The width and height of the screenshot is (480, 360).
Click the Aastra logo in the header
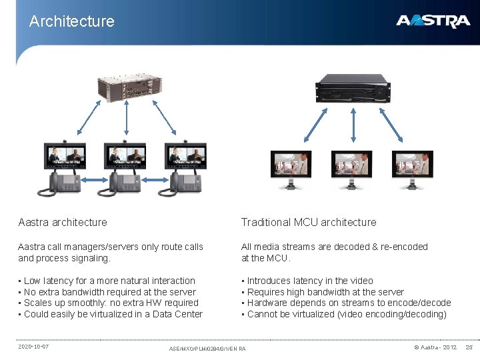[x=433, y=21]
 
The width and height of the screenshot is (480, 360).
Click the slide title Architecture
[x=72, y=21]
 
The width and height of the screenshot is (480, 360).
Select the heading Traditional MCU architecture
[x=309, y=222]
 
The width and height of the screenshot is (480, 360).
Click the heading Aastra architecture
[x=63, y=222]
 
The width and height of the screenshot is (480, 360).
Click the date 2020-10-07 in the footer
[x=33, y=347]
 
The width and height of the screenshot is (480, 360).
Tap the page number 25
[x=469, y=347]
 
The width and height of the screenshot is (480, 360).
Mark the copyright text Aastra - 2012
[x=435, y=347]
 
